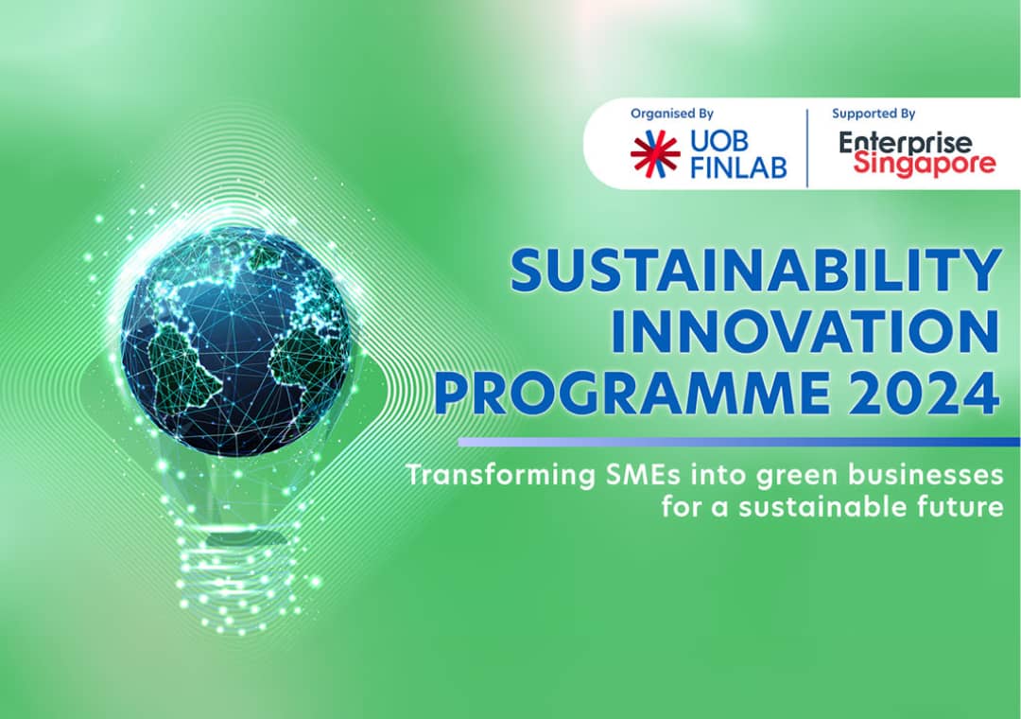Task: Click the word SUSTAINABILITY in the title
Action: click(x=756, y=271)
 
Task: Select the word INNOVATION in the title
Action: click(x=805, y=332)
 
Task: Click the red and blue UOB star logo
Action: click(x=655, y=154)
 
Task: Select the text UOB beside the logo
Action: click(x=719, y=142)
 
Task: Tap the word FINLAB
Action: click(x=738, y=167)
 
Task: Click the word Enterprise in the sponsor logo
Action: click(x=905, y=142)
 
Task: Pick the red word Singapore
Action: click(x=925, y=164)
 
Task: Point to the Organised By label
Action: click(x=672, y=114)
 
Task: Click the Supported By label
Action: click(x=874, y=114)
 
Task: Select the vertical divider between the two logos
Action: click(x=807, y=148)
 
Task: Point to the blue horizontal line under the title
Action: click(x=739, y=442)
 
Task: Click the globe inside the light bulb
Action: click(x=235, y=341)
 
